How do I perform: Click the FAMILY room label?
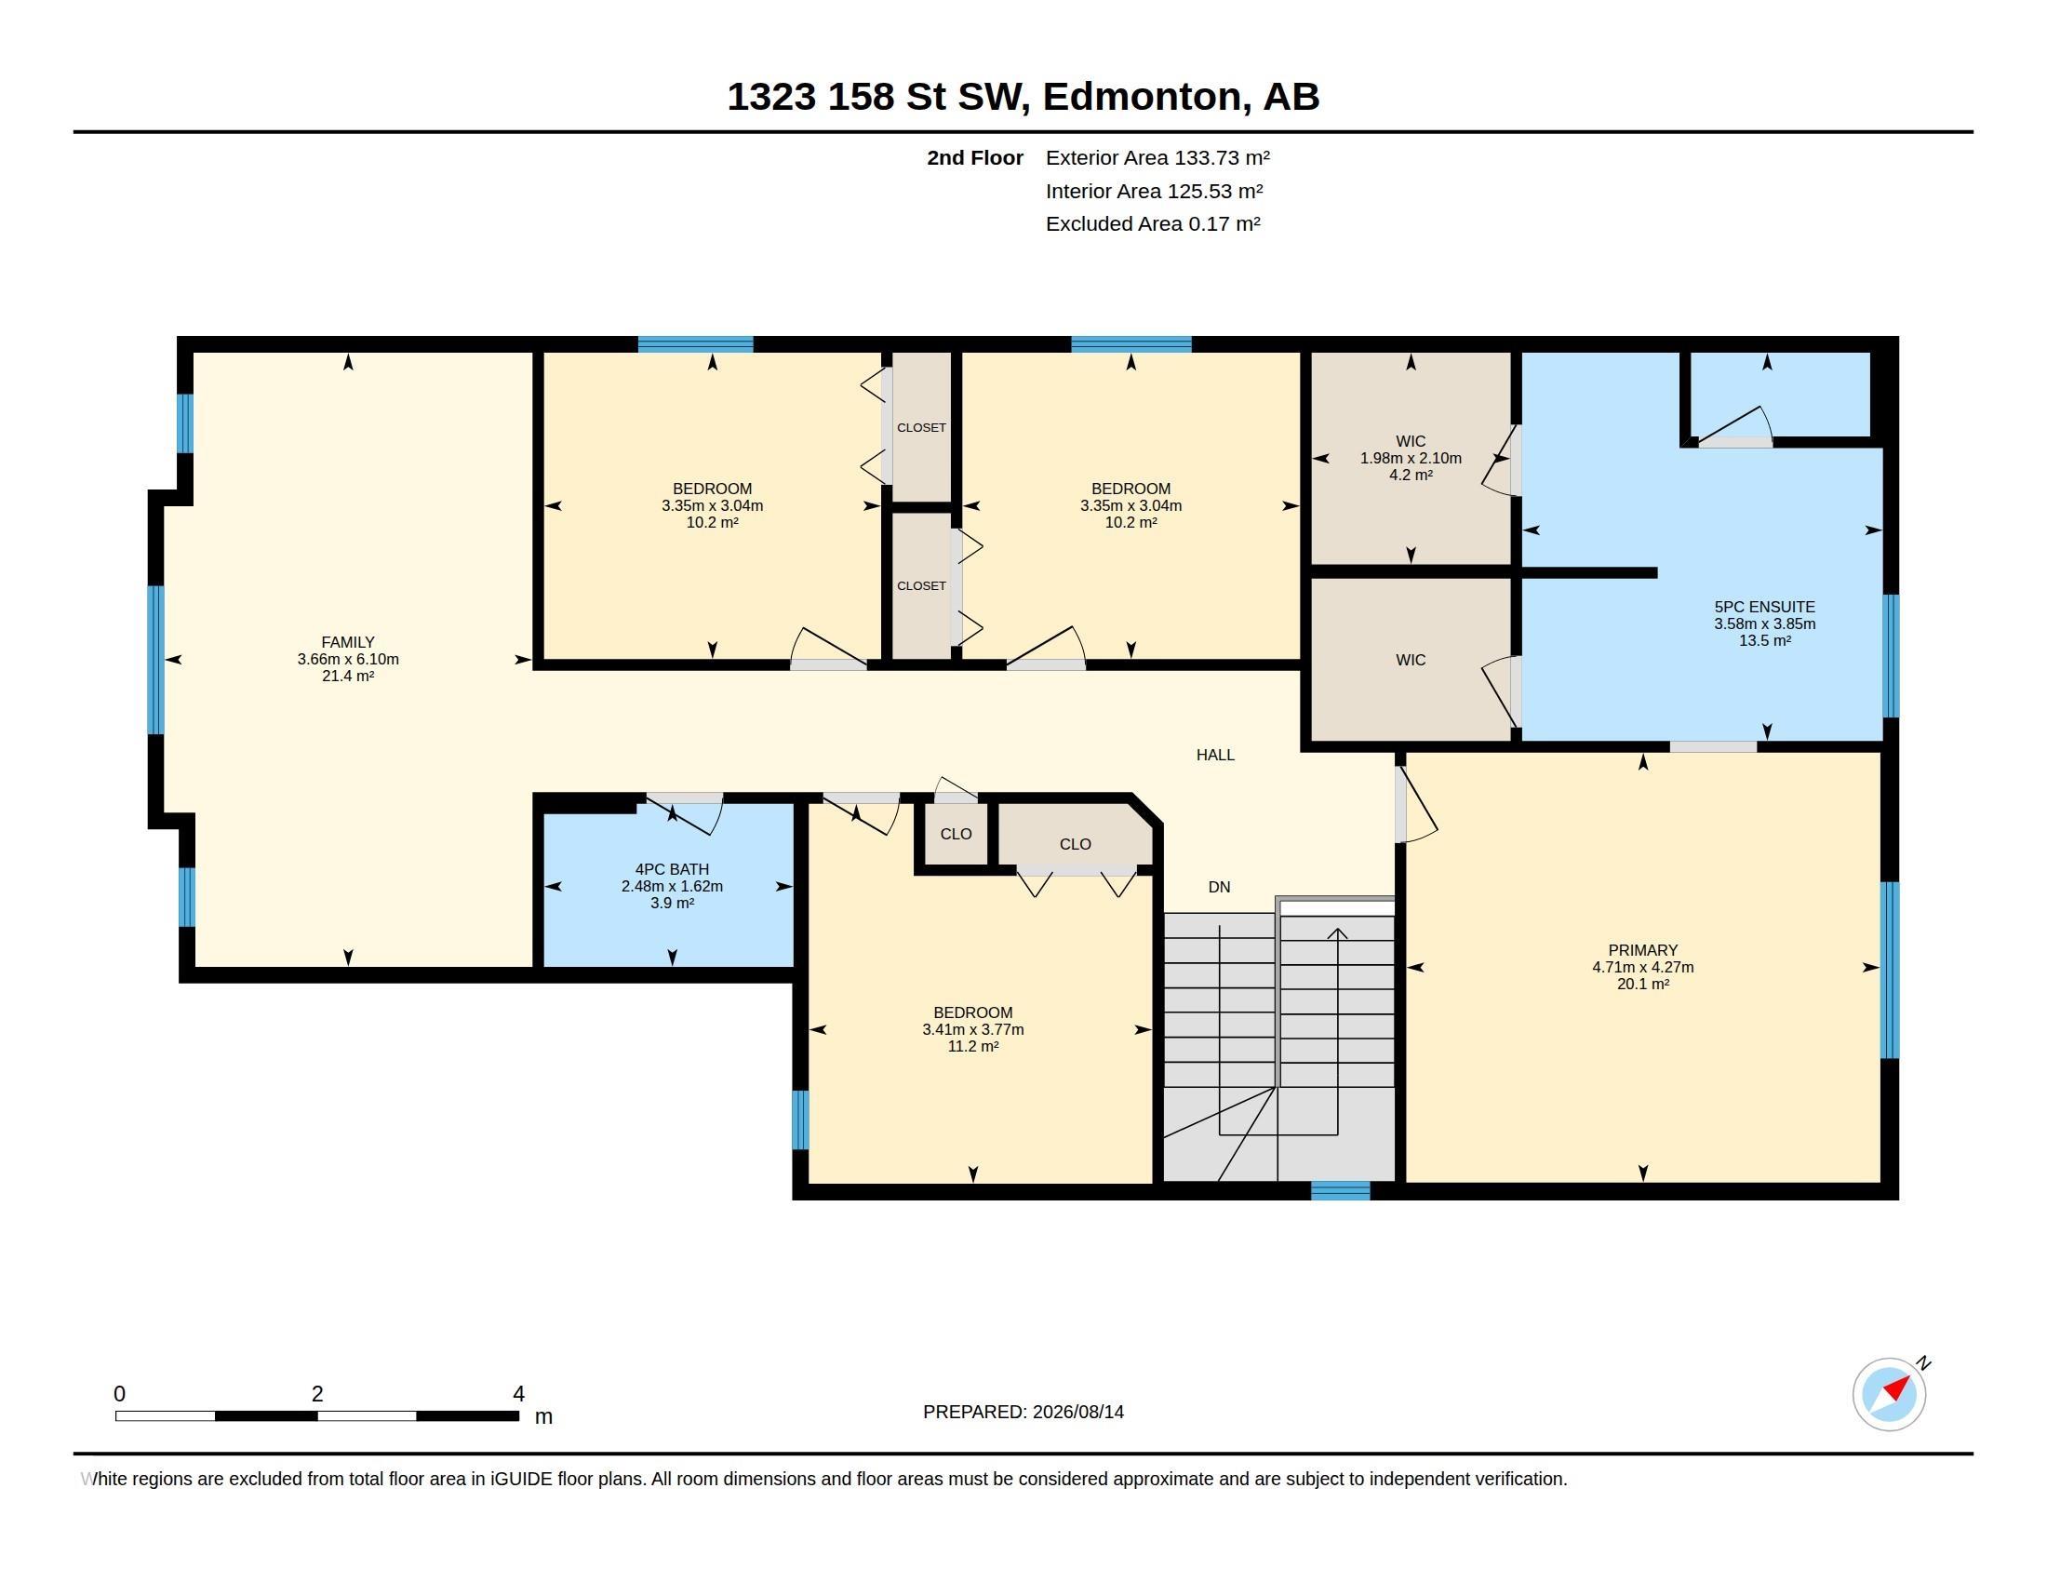(x=348, y=642)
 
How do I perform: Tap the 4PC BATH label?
(x=672, y=869)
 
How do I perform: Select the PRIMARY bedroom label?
(x=1643, y=949)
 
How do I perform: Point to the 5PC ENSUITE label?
(x=1765, y=607)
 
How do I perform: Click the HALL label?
(x=1216, y=755)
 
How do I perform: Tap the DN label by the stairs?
(x=1220, y=887)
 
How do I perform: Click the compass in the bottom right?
(x=1890, y=1394)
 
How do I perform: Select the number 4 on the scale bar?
(x=518, y=1394)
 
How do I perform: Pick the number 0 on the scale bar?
(x=119, y=1394)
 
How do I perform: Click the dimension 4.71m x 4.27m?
(x=1643, y=967)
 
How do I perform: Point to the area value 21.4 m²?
(x=348, y=676)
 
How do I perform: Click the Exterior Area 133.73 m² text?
(x=1157, y=157)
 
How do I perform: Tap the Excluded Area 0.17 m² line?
(x=1153, y=223)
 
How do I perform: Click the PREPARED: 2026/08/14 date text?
(x=1023, y=1412)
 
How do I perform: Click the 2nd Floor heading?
(x=975, y=157)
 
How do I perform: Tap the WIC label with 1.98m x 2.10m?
(x=1411, y=440)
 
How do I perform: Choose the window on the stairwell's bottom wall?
(x=1340, y=1190)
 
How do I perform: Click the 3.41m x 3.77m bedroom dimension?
(x=973, y=1029)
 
